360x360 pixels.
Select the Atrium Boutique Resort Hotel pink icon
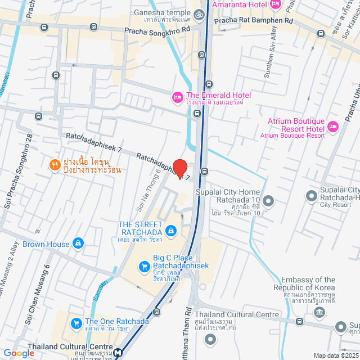pyautogui.click(x=332, y=126)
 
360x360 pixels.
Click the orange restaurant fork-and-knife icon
pyautogui.click(x=55, y=164)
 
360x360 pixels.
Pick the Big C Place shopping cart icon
pyautogui.click(x=145, y=266)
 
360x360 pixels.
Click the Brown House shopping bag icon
pyautogui.click(x=78, y=244)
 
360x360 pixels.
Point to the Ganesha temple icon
pyautogui.click(x=197, y=14)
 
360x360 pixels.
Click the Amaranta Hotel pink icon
pyautogui.click(x=275, y=5)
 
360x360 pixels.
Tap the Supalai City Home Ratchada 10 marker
pyautogui.click(x=268, y=200)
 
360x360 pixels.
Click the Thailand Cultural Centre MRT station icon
pyautogui.click(x=118, y=353)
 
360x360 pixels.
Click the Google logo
pyautogui.click(x=19, y=353)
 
